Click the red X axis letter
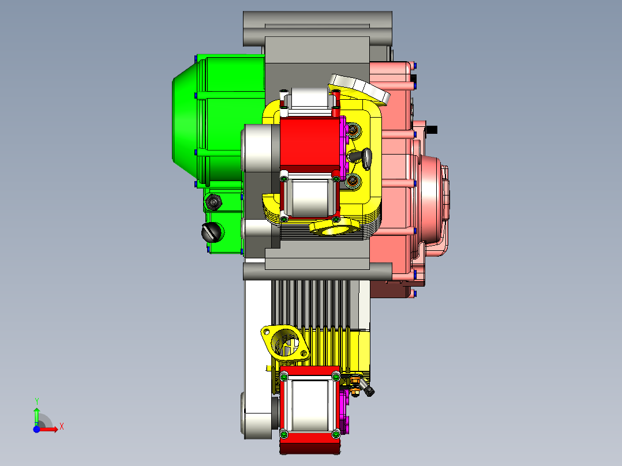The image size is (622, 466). [x=62, y=427]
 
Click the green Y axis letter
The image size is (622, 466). [x=36, y=401]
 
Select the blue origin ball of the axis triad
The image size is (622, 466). [x=36, y=429]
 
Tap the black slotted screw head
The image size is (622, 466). [x=211, y=232]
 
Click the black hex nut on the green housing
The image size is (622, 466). [x=214, y=202]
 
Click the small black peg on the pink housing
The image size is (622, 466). [x=432, y=129]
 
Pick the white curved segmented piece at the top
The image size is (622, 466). [x=359, y=89]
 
